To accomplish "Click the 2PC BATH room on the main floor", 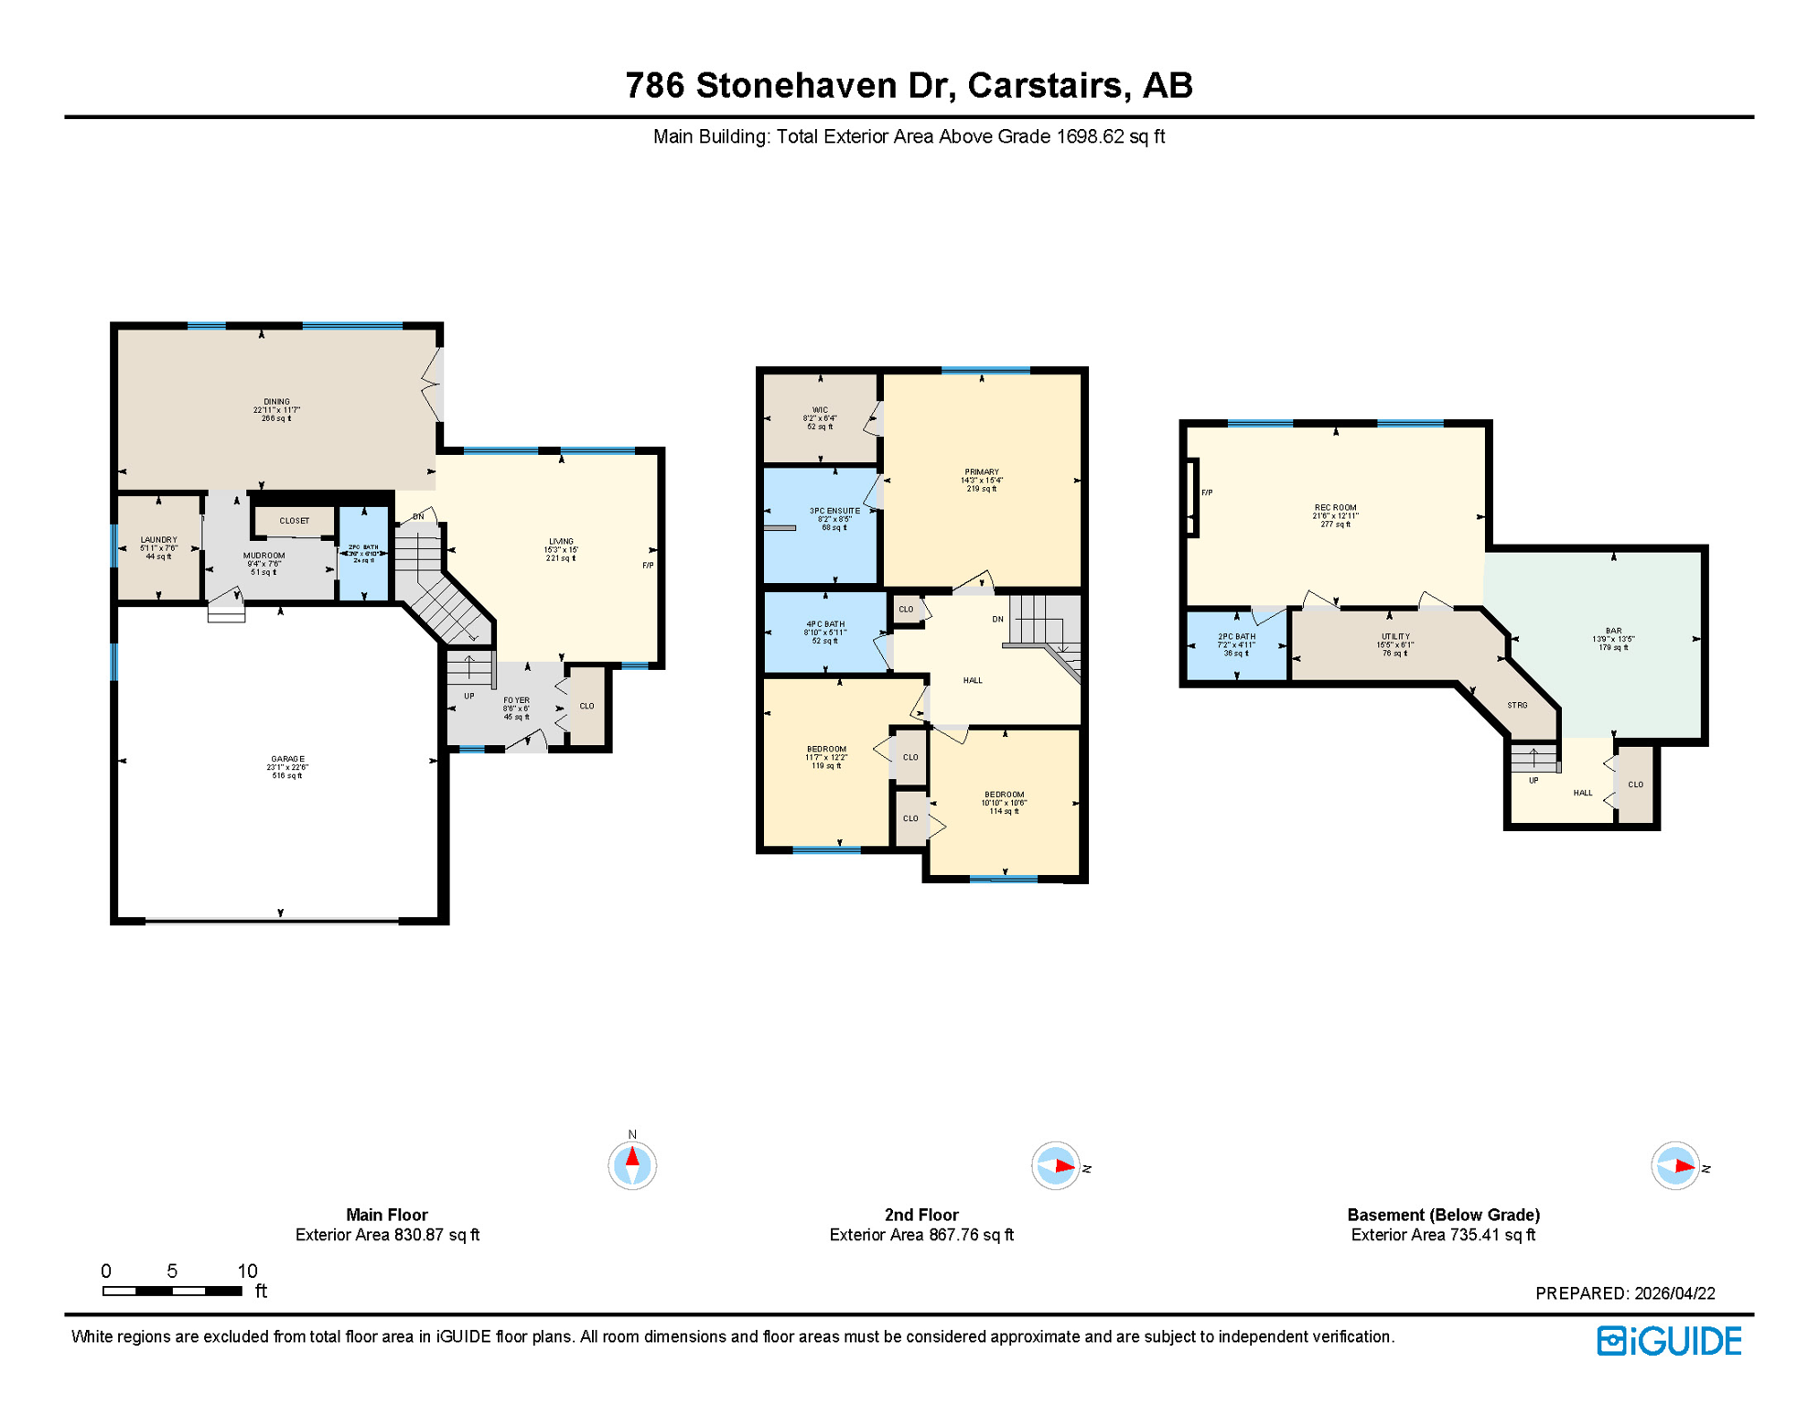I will point(364,553).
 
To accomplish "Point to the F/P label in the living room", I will point(647,566).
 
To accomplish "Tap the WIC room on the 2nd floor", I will point(820,417).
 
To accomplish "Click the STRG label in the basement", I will point(1516,705).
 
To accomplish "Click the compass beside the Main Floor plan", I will point(631,1164).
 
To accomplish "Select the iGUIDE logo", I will point(1669,1341).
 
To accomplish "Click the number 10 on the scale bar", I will point(247,1271).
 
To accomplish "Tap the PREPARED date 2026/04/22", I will point(1674,1293).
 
